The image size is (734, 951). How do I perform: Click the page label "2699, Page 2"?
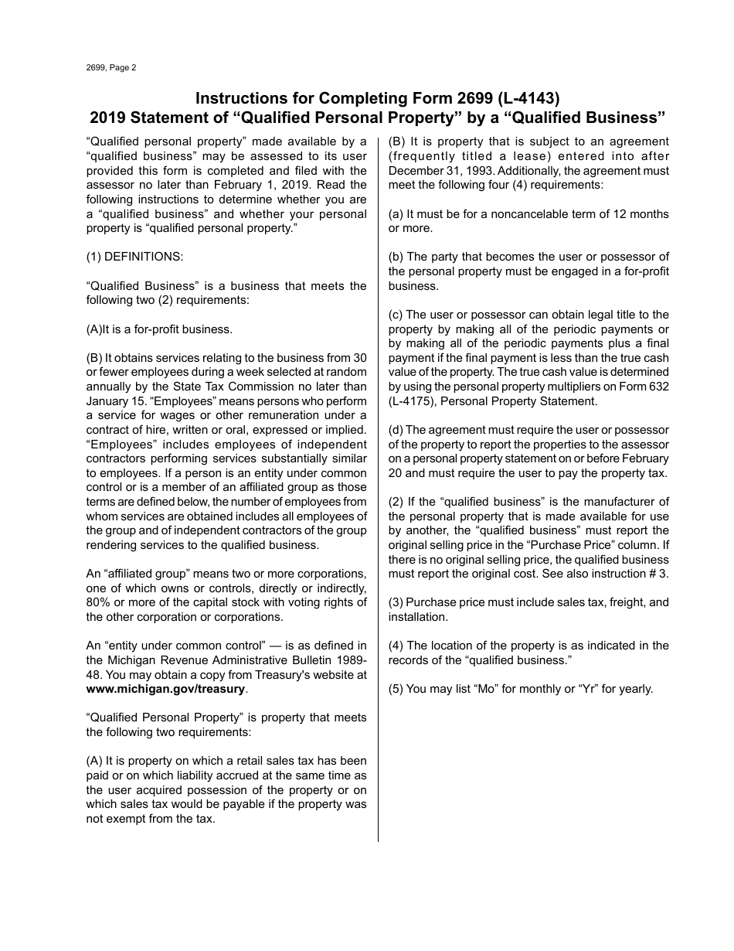pyautogui.click(x=111, y=68)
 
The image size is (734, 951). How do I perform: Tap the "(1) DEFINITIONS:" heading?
pyautogui.click(x=134, y=257)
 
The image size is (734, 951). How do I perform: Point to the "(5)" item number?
pyautogui.click(x=396, y=689)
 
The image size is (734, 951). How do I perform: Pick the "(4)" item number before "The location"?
pyautogui.click(x=396, y=646)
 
